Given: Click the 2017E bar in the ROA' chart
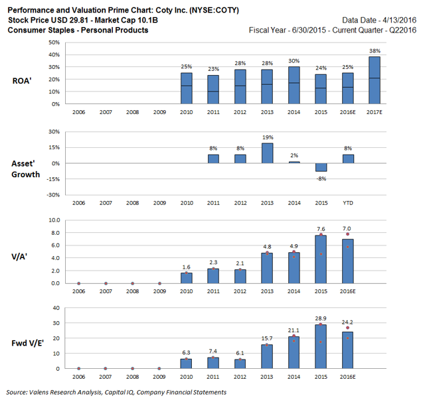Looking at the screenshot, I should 375,80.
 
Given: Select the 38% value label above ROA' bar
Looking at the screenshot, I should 375,50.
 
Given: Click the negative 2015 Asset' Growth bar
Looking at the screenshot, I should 321,167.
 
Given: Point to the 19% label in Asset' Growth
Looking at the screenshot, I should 266,138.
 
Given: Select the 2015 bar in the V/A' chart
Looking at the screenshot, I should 321,259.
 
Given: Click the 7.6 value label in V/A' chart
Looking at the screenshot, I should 321,230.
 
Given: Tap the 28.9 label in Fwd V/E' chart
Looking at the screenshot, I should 321,318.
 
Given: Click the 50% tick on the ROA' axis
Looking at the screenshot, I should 54,42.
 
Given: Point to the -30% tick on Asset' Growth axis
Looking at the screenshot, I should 53,195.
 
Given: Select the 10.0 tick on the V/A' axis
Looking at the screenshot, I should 54,220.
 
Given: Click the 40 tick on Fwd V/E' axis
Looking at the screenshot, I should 56,308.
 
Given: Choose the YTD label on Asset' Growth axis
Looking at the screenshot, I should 348,202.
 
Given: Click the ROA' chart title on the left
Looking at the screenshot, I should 23,80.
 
